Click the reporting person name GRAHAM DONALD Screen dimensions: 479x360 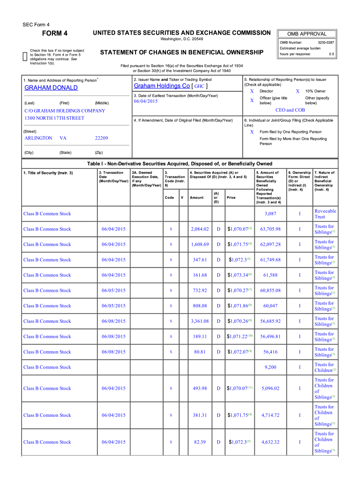[51, 87]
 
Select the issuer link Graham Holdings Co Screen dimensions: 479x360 [162, 86]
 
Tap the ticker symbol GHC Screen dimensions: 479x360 [199, 87]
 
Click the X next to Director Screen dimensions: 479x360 [252, 91]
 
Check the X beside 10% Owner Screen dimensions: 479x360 [298, 91]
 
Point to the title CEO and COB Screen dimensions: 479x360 [290, 110]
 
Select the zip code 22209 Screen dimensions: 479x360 [101, 138]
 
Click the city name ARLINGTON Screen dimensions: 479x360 [38, 138]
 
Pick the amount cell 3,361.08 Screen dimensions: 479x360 [200, 321]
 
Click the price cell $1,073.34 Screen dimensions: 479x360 [239, 275]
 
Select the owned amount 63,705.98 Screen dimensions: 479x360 [270, 229]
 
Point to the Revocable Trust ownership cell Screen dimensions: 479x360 [325, 214]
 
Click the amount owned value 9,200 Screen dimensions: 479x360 [270, 368]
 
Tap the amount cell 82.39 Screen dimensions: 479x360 [200, 442]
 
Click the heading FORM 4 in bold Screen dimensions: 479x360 [55, 33]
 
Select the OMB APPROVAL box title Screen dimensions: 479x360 [307, 34]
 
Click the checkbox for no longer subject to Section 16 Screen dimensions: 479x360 [25, 57]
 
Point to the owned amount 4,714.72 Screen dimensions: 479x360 [270, 415]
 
